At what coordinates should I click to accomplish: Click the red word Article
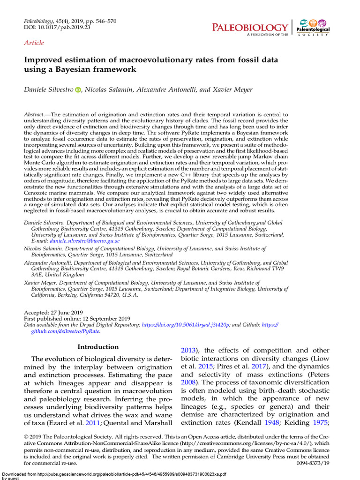(34, 43)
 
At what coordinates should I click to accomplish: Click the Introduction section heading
(98, 347)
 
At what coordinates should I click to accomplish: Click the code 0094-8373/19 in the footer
(313, 463)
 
